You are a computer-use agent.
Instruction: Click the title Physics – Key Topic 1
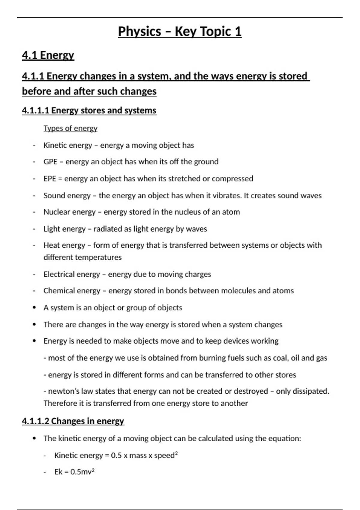180,31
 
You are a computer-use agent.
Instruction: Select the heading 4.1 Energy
48,55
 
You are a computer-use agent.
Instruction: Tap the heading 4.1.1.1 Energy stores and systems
89,110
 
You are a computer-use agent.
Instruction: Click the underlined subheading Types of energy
70,128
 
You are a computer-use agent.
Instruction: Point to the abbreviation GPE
50,162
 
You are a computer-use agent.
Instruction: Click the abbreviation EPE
49,178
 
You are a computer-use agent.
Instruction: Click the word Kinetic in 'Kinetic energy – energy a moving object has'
54,145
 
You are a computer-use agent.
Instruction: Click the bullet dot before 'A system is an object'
34,307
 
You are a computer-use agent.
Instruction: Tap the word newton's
59,391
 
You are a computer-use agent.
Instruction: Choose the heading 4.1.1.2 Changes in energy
73,421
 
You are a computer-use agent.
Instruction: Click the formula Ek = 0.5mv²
74,472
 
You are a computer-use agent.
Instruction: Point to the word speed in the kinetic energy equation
164,456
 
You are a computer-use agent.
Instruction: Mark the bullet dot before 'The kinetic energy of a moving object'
34,438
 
